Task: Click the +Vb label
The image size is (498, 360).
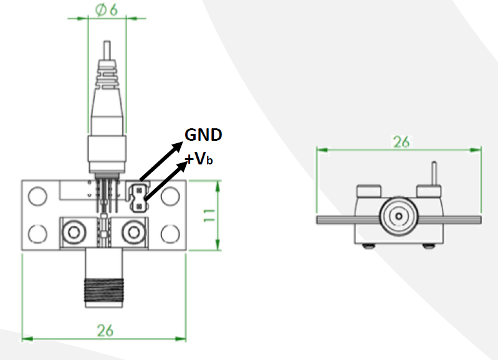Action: coord(199,159)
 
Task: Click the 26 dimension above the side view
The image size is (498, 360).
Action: coord(401,141)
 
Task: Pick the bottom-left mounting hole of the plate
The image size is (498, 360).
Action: coord(38,233)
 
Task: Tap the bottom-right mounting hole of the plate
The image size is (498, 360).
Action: coord(170,233)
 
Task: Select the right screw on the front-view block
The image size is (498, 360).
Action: coord(133,232)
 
